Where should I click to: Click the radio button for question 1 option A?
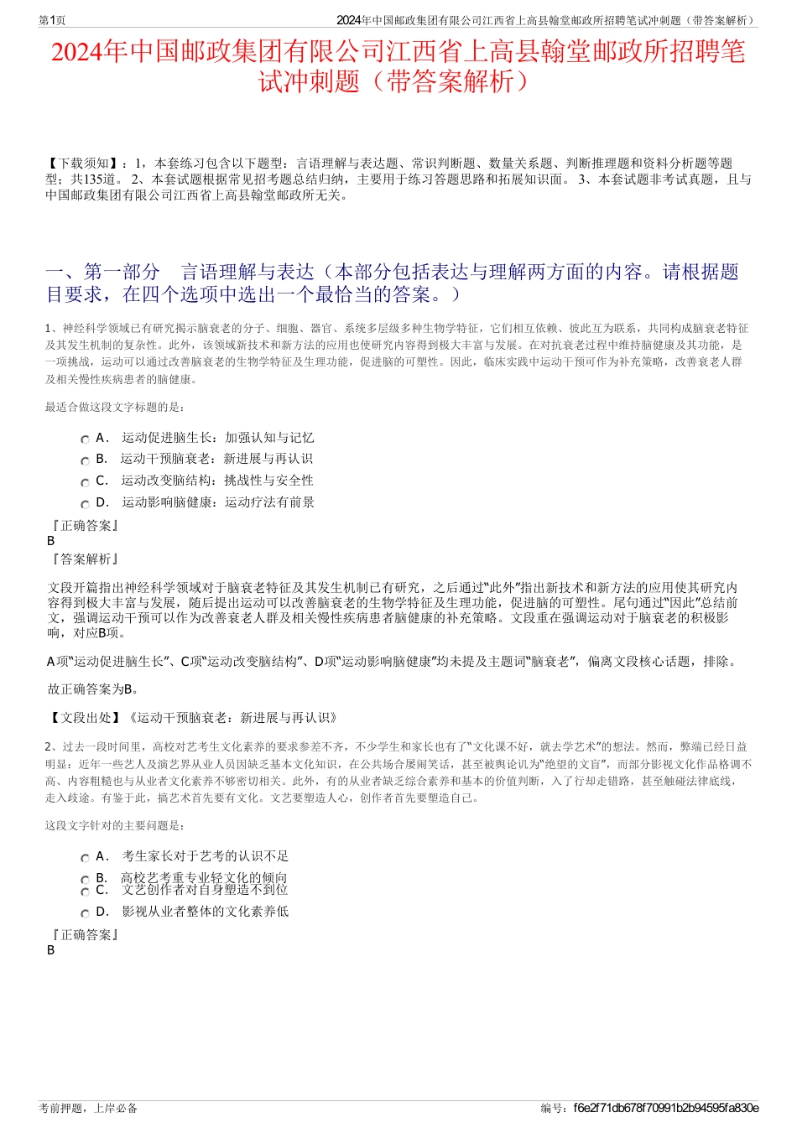[x=85, y=439]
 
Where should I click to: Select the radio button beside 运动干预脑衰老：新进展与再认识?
[x=85, y=460]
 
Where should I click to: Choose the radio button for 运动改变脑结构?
[x=85, y=482]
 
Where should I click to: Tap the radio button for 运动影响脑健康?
[x=85, y=504]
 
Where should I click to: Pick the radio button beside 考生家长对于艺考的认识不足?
[x=85, y=858]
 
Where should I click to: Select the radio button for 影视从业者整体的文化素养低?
[x=85, y=913]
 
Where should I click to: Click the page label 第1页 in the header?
[x=53, y=20]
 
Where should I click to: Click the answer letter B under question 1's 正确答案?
[x=51, y=541]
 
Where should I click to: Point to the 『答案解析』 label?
[x=85, y=559]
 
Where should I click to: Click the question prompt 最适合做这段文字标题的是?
[x=115, y=408]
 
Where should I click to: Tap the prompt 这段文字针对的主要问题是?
[x=115, y=826]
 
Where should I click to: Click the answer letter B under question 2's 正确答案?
[x=51, y=950]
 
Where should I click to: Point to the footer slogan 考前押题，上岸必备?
[x=88, y=1108]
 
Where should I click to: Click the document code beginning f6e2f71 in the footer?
[x=665, y=1108]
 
